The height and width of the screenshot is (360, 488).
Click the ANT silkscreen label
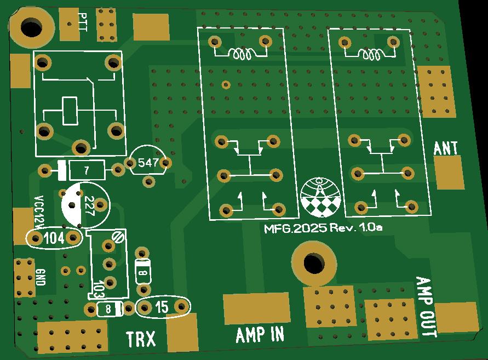[446, 148]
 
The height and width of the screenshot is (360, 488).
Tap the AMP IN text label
[260, 334]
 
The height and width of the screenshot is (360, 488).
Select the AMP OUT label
[426, 307]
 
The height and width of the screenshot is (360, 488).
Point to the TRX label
[141, 339]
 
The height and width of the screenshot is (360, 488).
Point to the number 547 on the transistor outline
[148, 163]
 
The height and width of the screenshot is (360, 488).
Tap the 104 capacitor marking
[54, 238]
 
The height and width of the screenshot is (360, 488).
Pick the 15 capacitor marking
[162, 307]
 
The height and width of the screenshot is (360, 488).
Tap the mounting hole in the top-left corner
[31, 26]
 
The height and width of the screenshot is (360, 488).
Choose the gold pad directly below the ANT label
[449, 172]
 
